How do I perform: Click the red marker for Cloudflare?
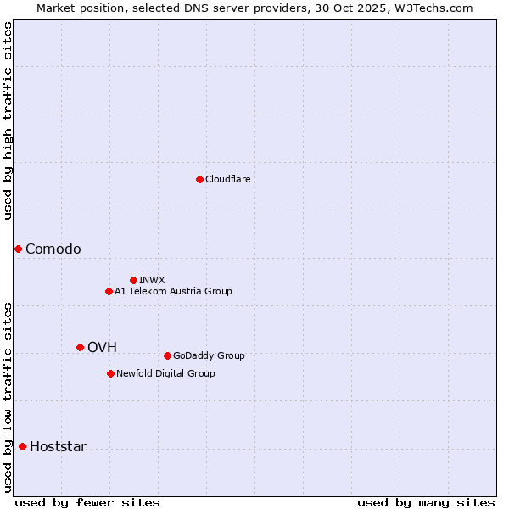pos(199,179)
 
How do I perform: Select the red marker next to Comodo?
pos(18,249)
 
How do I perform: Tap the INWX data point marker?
pos(133,280)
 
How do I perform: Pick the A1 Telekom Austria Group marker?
pos(109,291)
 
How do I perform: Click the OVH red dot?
pos(80,347)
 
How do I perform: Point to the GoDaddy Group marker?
pos(167,355)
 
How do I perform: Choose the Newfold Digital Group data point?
pos(110,373)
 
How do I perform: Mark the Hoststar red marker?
pos(22,446)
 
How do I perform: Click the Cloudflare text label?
pos(227,179)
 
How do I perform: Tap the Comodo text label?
pos(53,249)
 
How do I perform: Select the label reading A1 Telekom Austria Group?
pos(173,291)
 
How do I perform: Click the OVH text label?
pos(102,347)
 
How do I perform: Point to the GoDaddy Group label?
pos(209,355)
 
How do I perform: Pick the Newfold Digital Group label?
pos(165,373)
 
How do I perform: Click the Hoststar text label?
pos(58,446)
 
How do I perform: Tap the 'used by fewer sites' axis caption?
pos(87,502)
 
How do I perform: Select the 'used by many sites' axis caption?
pos(426,502)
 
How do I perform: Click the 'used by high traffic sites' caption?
pos(8,120)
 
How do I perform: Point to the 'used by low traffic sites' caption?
pos(8,397)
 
